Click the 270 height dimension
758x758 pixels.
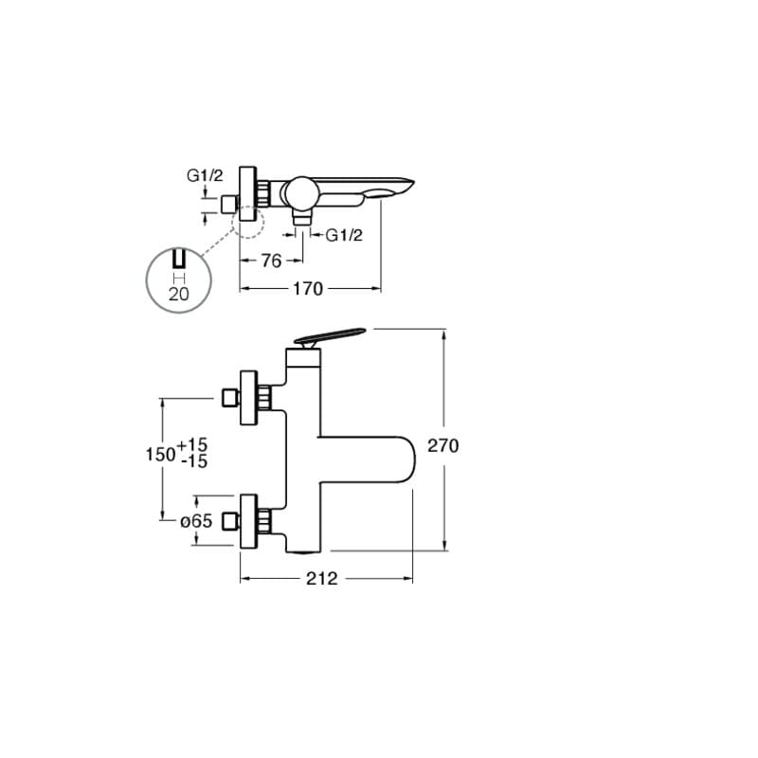pyautogui.click(x=442, y=445)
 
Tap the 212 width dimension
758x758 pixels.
pyautogui.click(x=322, y=578)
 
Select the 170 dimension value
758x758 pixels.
pyautogui.click(x=308, y=289)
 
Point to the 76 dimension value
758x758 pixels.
pyautogui.click(x=272, y=262)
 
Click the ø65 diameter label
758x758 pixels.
pyautogui.click(x=196, y=520)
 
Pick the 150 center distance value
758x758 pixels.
pyautogui.click(x=160, y=454)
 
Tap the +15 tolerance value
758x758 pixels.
pyautogui.click(x=192, y=444)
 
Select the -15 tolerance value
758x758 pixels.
pyautogui.click(x=194, y=461)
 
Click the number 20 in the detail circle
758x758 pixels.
pyautogui.click(x=179, y=294)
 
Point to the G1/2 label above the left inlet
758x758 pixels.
pyautogui.click(x=205, y=175)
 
